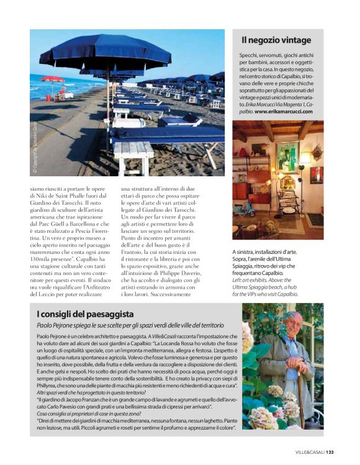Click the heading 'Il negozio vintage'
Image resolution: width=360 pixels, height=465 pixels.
click(276, 40)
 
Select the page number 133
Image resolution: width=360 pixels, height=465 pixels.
click(330, 451)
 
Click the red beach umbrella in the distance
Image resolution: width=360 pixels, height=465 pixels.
click(53, 79)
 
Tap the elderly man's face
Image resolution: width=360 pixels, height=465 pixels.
click(296, 323)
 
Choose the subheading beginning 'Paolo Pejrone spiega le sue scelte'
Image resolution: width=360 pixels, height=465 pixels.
click(130, 326)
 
